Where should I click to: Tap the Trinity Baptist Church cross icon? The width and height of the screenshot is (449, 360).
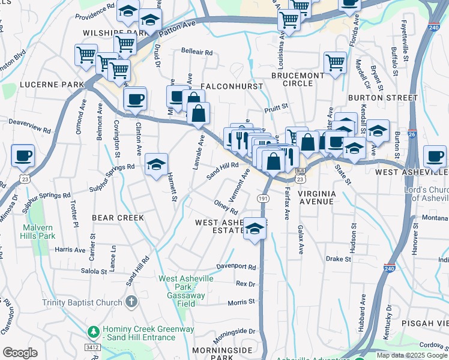tap(132, 302)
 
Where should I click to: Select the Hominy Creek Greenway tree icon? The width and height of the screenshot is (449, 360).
tap(93, 331)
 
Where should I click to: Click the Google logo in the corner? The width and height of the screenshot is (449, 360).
tap(20, 353)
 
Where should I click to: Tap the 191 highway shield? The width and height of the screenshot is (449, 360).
tap(263, 198)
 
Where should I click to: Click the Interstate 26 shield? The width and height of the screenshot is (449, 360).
tap(412, 135)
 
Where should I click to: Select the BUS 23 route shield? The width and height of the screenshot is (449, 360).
tap(300, 175)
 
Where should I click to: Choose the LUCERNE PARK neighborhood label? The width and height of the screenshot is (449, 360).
tap(52, 85)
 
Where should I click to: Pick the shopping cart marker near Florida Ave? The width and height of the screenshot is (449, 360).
tap(335, 62)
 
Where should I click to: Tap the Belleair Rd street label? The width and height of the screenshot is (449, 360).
tap(197, 53)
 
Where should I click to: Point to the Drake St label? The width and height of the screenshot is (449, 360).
tap(338, 259)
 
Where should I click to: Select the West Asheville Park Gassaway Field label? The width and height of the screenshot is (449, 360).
tap(182, 287)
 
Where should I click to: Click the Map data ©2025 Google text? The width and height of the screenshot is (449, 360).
tap(412, 355)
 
